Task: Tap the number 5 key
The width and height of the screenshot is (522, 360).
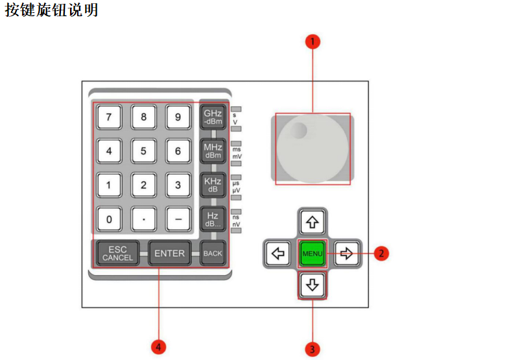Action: tap(143, 151)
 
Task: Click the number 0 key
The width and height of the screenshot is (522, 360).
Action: tap(109, 219)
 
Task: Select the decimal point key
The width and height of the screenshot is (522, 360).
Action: tap(143, 219)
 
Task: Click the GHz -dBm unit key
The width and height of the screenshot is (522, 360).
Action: tap(213, 117)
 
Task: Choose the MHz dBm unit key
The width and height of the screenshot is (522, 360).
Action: tap(213, 151)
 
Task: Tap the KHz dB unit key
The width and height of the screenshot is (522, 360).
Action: tap(213, 185)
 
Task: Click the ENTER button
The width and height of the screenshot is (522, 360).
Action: tap(169, 254)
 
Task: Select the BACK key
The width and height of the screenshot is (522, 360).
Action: tap(213, 254)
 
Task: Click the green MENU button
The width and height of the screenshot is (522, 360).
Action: tap(313, 254)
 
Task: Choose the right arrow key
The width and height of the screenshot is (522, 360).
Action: tap(347, 254)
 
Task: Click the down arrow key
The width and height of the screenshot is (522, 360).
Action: tap(313, 285)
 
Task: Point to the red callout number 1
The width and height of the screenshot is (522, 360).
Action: tap(313, 42)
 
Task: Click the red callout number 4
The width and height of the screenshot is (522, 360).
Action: tap(159, 347)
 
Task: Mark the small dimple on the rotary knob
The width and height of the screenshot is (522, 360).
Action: tap(297, 130)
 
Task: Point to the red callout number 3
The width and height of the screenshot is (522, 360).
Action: tap(313, 349)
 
